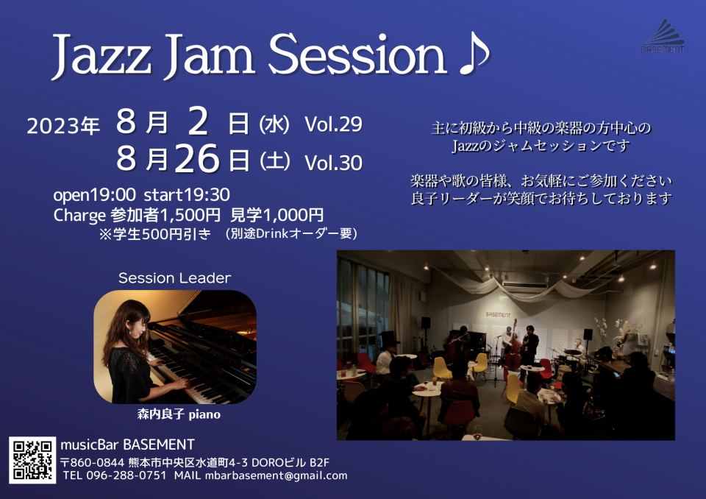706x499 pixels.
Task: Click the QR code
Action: point(32,460)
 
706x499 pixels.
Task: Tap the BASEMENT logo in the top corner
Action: point(663,36)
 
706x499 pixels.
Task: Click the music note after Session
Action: point(474,56)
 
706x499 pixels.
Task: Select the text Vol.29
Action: point(334,124)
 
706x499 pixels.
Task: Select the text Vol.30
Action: point(334,163)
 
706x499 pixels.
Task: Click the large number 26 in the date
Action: point(197,159)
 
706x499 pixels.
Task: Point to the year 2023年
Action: point(63,126)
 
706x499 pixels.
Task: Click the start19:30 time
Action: point(187,195)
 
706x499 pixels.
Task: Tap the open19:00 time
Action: point(94,195)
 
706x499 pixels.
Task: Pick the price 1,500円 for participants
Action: point(190,216)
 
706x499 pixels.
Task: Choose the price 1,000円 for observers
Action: point(293,216)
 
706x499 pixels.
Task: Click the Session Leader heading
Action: point(175,278)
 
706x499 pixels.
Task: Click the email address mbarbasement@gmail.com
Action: point(276,475)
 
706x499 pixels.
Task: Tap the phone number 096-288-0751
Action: point(126,475)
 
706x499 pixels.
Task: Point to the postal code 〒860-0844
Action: point(93,463)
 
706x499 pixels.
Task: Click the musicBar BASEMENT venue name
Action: point(127,445)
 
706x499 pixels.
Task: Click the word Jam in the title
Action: point(210,56)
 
